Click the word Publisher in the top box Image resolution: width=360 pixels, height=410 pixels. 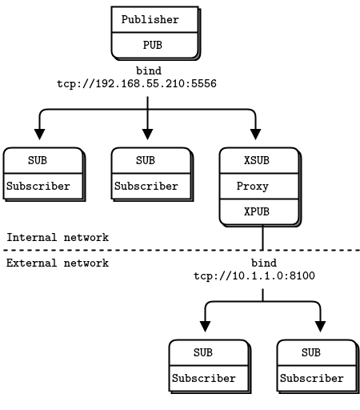click(x=150, y=19)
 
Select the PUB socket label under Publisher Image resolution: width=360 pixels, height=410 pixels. click(x=152, y=46)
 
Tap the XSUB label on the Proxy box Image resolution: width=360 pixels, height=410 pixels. click(x=257, y=160)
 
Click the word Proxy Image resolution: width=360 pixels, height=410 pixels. click(x=253, y=187)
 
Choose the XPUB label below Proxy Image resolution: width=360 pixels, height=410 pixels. click(x=257, y=212)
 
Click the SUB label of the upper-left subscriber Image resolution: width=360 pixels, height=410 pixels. click(x=38, y=160)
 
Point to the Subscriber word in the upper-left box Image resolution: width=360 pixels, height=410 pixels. click(x=38, y=187)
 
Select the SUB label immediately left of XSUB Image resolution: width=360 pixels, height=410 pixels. click(x=146, y=160)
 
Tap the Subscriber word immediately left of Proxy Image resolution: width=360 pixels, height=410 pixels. click(x=146, y=187)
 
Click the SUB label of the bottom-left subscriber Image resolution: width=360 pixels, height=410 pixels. click(x=203, y=352)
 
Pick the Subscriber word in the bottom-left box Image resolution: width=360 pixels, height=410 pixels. click(x=204, y=379)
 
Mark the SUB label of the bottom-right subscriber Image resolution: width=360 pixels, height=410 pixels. click(x=311, y=352)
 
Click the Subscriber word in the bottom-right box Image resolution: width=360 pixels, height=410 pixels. click(x=312, y=379)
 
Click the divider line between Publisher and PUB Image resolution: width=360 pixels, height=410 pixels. click(x=154, y=33)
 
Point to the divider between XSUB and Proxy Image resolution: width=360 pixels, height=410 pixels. click(x=259, y=173)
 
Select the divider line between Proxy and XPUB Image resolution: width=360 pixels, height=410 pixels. click(x=259, y=199)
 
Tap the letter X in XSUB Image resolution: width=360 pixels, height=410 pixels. click(x=247, y=160)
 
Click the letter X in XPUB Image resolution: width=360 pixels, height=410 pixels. click(x=247, y=212)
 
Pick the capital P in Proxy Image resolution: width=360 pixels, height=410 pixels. click(x=240, y=187)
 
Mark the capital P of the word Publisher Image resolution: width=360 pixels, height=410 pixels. click(x=125, y=19)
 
